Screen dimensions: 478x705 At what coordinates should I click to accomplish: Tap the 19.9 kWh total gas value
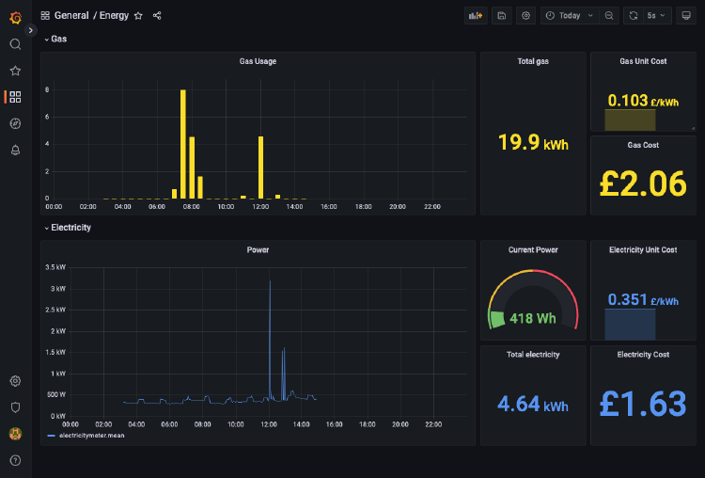click(x=533, y=143)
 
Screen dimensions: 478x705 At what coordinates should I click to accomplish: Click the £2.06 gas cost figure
click(x=644, y=183)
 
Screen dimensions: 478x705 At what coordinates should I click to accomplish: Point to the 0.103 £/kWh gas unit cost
click(x=643, y=101)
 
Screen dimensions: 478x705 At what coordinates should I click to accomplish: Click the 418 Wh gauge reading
click(x=533, y=318)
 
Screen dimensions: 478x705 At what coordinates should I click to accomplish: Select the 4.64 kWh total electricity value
click(x=533, y=405)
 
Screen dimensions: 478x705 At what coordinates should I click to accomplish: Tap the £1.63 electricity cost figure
click(x=644, y=404)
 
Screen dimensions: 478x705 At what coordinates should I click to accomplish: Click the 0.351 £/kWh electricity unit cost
click(x=643, y=300)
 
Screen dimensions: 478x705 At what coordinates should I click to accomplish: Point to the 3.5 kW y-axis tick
click(x=55, y=267)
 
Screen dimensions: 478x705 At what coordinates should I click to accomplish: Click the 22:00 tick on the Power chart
click(x=433, y=424)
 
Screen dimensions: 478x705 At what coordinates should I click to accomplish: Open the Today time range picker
click(x=570, y=16)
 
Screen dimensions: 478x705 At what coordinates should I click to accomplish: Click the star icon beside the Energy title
click(x=138, y=16)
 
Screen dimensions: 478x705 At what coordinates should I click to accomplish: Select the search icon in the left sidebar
click(x=15, y=44)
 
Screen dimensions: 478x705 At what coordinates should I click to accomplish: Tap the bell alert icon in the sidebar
click(x=15, y=151)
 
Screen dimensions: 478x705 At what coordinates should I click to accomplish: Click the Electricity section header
click(x=70, y=228)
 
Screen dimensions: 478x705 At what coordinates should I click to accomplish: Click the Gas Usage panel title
click(x=258, y=61)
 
